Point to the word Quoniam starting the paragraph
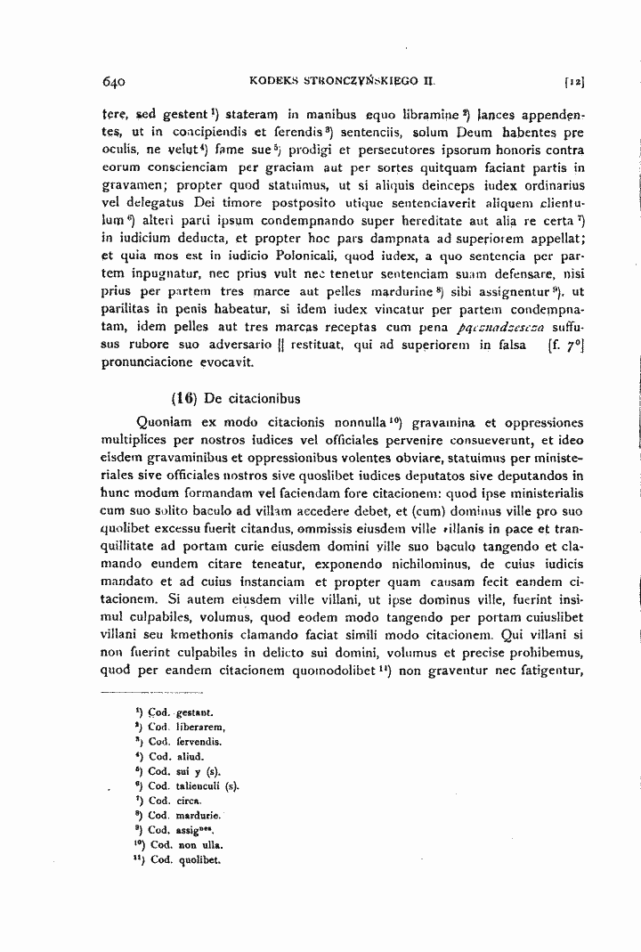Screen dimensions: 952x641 coord(161,425)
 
